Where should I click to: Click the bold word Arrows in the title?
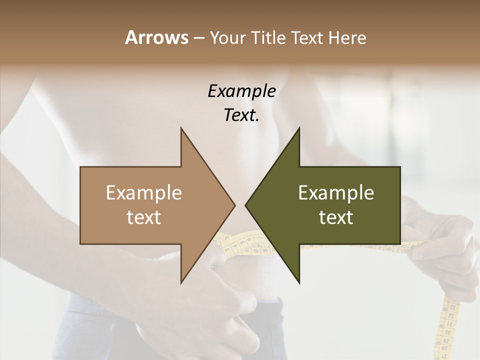(x=156, y=37)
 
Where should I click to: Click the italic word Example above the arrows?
(x=241, y=91)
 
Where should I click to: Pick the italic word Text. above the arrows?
(x=241, y=115)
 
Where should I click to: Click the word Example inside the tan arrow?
(x=143, y=192)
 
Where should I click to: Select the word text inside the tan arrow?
(x=143, y=217)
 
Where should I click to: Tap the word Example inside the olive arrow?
(x=336, y=192)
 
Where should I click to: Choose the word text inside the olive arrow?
(x=336, y=217)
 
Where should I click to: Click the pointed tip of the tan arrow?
(x=234, y=205)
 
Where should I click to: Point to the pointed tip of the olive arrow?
(x=246, y=205)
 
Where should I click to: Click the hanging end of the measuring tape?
(x=448, y=345)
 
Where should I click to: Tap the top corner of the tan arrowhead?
(x=181, y=129)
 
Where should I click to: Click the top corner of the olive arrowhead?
(x=298, y=129)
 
